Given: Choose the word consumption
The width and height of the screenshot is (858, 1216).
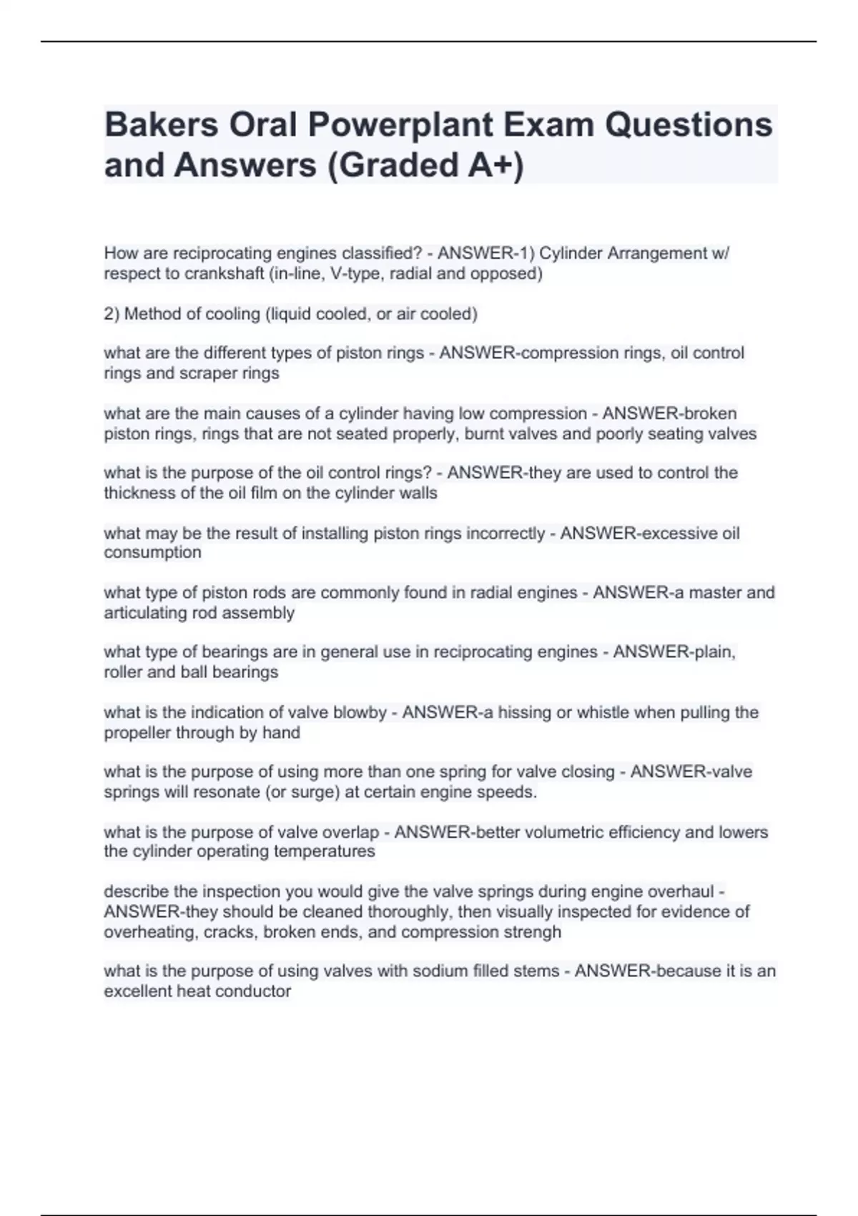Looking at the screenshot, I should (x=152, y=552).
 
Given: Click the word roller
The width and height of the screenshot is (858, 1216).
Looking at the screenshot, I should (x=123, y=672).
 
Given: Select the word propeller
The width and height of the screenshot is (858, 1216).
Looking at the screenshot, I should (x=136, y=732).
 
